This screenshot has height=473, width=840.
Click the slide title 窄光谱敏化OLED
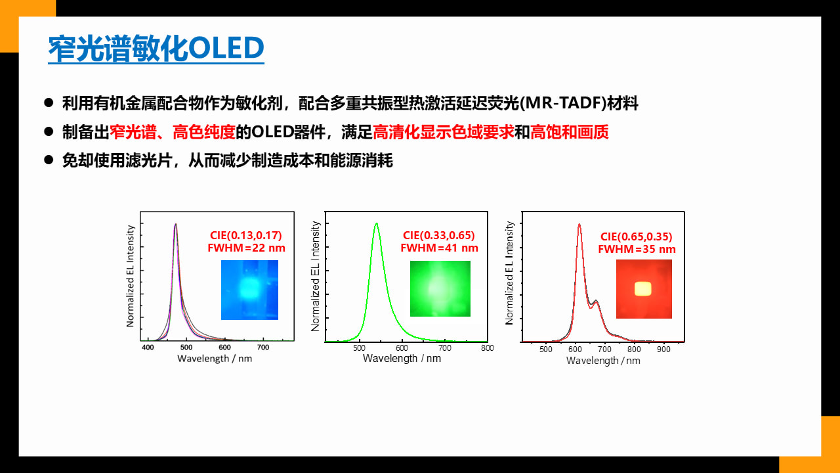point(156,48)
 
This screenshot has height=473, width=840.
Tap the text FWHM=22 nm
point(246,248)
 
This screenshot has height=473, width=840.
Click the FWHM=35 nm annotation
point(637,249)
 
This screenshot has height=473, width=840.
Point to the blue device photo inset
point(250,290)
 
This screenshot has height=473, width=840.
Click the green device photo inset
point(440,288)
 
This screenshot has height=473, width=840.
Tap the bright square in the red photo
point(642,289)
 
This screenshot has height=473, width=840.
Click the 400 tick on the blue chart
point(148,348)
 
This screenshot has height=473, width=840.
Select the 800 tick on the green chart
point(488,348)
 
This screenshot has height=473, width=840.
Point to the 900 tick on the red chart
point(663,349)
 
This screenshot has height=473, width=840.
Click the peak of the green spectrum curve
point(376,224)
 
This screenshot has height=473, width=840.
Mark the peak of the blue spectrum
point(175,225)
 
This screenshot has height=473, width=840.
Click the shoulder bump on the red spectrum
point(596,301)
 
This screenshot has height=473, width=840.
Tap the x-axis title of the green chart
point(402,359)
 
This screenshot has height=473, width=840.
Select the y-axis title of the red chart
point(509,273)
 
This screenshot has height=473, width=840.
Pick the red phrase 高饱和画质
point(569,132)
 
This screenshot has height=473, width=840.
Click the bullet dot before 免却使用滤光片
point(49,160)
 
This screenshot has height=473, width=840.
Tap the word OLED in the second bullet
point(272,132)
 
